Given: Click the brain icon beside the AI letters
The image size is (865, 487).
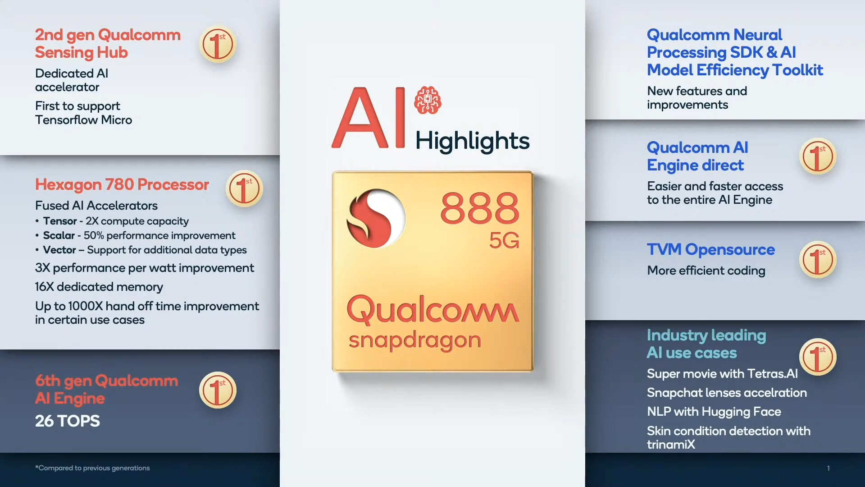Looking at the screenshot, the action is pos(428,100).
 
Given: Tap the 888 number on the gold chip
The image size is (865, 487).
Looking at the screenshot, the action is pos(480,208).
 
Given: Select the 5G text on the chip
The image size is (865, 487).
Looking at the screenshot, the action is pos(504,240).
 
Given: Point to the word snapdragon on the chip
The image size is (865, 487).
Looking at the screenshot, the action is pos(415,340).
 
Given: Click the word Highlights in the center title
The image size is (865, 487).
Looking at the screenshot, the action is pos(472,141).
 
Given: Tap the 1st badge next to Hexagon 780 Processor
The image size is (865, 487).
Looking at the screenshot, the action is pos(244,189).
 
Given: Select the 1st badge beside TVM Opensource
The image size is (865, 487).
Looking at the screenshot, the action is pos(818,260).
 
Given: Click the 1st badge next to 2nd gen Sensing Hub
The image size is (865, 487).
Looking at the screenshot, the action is pos(218,44).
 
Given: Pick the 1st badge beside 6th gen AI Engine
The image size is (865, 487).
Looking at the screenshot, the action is pos(218,390).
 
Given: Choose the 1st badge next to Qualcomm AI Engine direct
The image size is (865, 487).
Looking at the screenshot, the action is pos(818,156).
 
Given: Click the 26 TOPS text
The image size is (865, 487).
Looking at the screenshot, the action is pos(68,421).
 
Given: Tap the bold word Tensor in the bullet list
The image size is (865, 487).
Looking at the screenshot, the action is pos(60,221).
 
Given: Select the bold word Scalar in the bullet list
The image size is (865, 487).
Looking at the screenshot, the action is pos(59,235).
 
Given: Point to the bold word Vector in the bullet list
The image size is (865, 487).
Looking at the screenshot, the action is pos(59,250).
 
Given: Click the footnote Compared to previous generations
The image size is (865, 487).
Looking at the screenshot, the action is pos(92,468).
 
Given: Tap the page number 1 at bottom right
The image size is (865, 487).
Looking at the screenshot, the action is pos(828,468).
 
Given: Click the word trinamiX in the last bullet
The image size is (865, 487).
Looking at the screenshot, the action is pos(671,445).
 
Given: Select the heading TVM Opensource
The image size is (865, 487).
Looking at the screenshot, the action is pos(711,249).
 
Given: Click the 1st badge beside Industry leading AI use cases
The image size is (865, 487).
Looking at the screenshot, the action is pos(818,357).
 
